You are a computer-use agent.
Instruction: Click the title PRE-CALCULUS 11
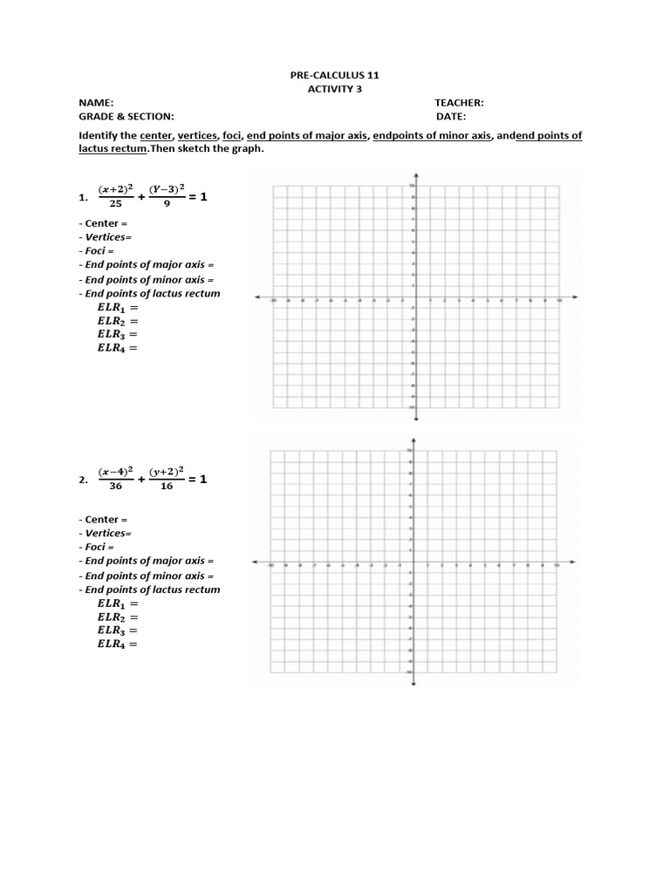click(335, 76)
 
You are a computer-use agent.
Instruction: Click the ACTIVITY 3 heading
click(335, 89)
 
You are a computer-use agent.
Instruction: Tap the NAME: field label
click(96, 103)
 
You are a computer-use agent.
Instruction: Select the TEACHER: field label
click(459, 103)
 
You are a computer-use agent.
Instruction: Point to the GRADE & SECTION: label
click(126, 116)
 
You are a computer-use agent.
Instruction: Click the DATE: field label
click(451, 116)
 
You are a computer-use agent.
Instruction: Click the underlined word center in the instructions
click(156, 136)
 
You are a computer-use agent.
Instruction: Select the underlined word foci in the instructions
click(232, 136)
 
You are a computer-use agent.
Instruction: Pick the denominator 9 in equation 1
click(166, 204)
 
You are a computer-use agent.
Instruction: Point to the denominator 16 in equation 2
click(166, 487)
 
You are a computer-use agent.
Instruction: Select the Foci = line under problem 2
click(102, 547)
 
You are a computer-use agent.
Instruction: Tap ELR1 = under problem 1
click(117, 308)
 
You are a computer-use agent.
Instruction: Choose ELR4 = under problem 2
click(117, 644)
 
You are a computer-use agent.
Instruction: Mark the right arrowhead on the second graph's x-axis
click(572, 562)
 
